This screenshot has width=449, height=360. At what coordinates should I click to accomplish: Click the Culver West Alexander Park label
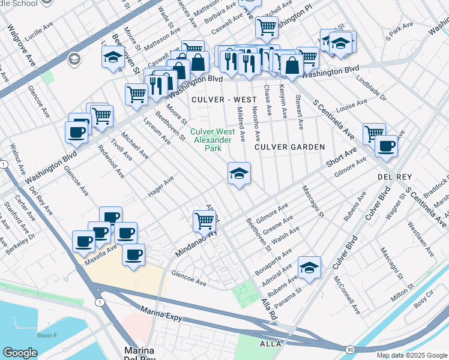click(211, 140)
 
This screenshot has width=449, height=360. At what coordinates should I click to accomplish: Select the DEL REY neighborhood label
click(393, 177)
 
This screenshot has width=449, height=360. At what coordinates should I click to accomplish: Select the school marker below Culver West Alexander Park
click(239, 174)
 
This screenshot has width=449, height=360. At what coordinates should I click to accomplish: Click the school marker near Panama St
click(309, 268)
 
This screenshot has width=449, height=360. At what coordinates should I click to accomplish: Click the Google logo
click(20, 353)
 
